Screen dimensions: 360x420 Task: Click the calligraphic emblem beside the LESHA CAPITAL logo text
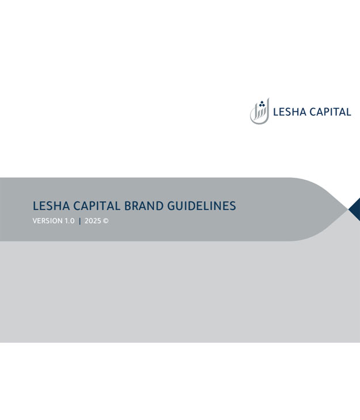[259, 111]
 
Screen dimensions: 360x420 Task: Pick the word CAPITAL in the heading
[97, 206]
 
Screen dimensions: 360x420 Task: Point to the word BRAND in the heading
[144, 206]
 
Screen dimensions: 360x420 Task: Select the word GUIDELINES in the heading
[202, 206]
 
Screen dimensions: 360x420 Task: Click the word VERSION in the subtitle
[47, 221]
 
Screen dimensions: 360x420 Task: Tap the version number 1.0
[69, 221]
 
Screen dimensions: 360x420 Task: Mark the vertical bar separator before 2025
[79, 221]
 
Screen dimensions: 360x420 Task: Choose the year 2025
[93, 221]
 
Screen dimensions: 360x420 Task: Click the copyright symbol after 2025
[106, 221]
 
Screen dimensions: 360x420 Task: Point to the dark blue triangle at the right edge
[355, 209]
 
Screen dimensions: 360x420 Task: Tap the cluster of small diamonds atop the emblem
[262, 104]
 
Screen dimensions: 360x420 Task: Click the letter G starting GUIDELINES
[172, 206]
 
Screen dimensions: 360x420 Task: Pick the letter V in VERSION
[35, 221]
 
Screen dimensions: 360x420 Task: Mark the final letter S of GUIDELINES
[233, 206]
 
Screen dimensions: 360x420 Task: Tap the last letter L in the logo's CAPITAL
[348, 112]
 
